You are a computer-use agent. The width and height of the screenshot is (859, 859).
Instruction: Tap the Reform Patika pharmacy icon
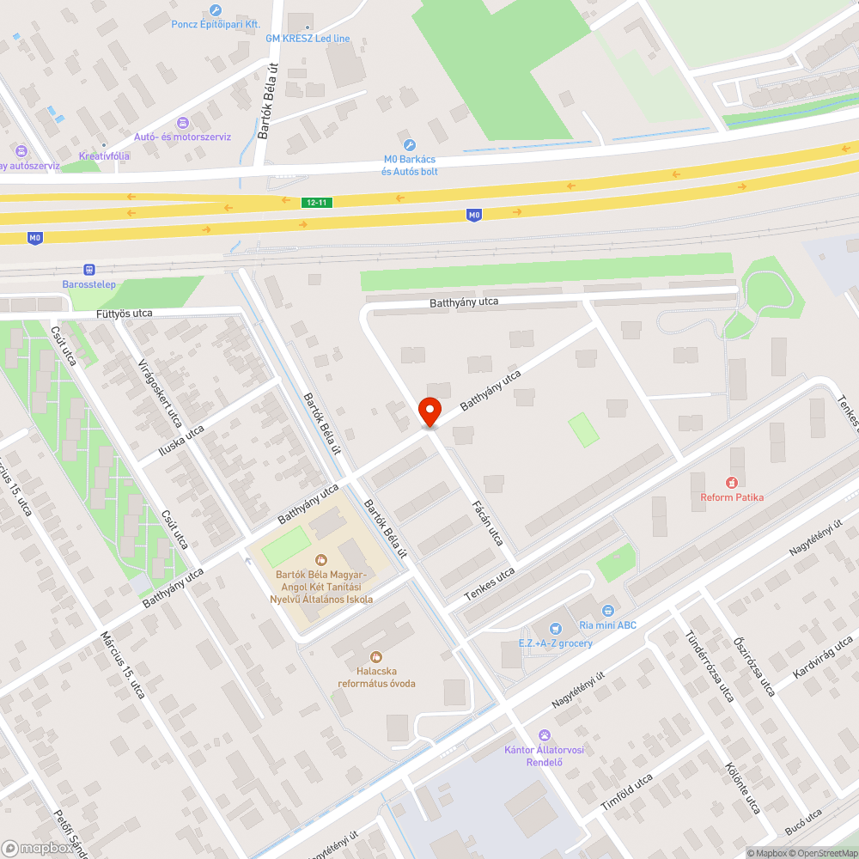point(732,483)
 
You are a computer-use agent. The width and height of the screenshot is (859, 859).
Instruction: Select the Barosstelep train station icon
point(89,270)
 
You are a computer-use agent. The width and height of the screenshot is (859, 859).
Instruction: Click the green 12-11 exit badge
point(316,202)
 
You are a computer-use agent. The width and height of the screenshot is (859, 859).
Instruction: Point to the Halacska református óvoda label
point(375,677)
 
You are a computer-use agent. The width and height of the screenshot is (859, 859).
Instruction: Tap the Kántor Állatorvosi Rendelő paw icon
point(544,735)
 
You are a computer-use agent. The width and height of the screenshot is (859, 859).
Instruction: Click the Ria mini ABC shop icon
point(608,611)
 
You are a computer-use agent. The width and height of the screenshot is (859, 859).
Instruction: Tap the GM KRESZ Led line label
point(308,39)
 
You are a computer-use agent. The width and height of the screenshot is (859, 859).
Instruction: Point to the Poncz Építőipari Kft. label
point(216,25)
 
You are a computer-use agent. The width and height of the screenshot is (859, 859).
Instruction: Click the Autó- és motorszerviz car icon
point(182,123)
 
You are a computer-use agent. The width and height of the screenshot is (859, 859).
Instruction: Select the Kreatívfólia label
point(104,155)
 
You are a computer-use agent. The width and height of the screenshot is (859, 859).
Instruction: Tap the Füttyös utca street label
point(125,314)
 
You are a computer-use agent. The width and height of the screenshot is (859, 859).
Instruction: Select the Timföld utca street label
point(626,792)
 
